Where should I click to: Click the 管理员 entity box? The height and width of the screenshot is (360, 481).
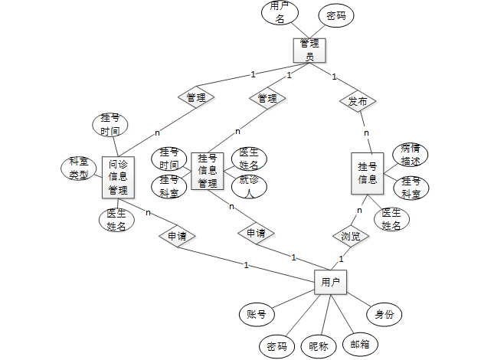tap(309, 50)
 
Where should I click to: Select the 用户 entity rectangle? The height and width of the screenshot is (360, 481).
tap(330, 283)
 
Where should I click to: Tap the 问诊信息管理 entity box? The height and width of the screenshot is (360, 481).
tap(118, 178)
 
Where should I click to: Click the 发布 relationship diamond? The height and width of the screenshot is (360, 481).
tap(358, 101)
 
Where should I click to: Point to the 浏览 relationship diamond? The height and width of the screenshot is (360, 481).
tap(350, 236)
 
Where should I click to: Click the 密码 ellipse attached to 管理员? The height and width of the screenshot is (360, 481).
tap(335, 15)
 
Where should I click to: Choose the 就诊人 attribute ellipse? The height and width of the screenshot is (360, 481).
tap(248, 186)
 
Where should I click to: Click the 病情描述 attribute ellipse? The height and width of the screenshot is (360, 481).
tap(411, 155)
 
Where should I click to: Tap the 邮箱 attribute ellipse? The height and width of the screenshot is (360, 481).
tap(359, 343)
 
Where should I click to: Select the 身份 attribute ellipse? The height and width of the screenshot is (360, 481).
tap(384, 314)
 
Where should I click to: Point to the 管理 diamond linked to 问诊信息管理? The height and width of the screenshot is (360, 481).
tap(196, 97)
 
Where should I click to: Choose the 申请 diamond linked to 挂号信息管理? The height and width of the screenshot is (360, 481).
tap(256, 232)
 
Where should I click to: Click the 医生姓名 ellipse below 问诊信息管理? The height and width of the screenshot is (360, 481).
tap(117, 219)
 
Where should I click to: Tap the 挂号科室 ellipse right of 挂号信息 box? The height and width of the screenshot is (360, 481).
tap(411, 188)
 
